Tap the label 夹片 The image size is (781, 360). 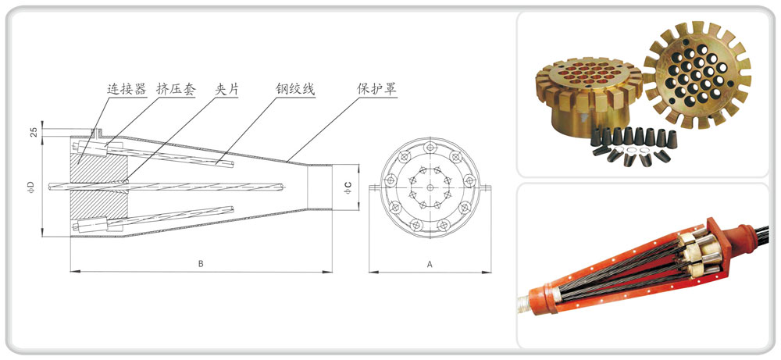226,89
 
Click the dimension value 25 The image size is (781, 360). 34,131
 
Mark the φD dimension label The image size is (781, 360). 30,186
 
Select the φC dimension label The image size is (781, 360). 348,187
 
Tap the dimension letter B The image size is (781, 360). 200,264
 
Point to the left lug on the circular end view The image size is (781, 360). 375,187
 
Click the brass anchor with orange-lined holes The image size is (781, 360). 587,94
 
